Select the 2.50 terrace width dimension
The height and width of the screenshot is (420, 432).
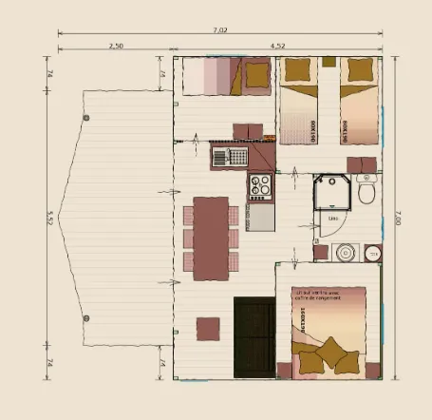click(x=117, y=45)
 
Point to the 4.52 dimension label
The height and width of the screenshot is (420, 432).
click(x=278, y=45)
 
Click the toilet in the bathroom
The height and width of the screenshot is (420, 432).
click(x=366, y=190)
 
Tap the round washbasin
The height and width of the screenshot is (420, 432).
click(x=345, y=253)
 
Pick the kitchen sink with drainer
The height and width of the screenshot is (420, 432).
click(x=229, y=156)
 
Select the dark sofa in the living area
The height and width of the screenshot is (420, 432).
click(x=254, y=336)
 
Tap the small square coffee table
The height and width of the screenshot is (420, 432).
click(x=209, y=329)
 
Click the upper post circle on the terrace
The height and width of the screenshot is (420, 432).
click(x=86, y=118)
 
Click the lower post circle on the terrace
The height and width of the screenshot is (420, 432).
click(x=85, y=317)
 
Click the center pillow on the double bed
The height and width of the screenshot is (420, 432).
click(x=332, y=352)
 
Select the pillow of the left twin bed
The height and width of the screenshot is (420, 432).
click(x=298, y=69)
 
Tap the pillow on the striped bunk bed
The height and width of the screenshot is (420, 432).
click(x=254, y=74)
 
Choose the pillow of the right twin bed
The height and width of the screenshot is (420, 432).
click(x=358, y=69)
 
